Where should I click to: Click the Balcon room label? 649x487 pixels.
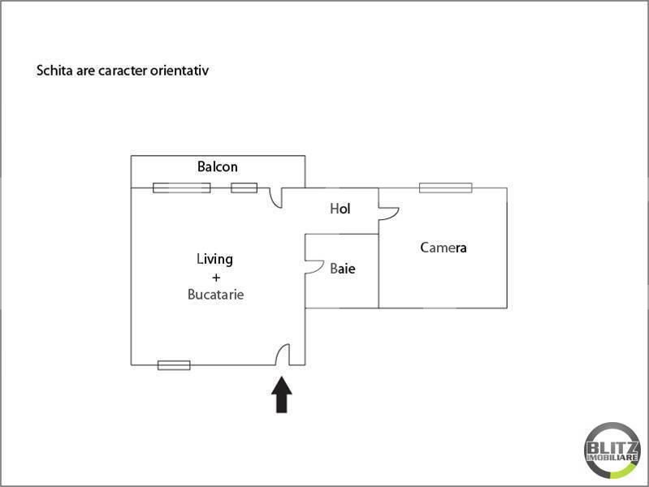(218, 166)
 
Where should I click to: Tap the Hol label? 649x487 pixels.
(340, 209)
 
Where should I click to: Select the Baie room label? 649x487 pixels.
(342, 269)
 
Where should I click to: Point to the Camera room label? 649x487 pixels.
(443, 248)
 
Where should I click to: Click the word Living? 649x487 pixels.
(214, 260)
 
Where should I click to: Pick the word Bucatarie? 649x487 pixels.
(215, 294)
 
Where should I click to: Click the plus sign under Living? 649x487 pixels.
(215, 278)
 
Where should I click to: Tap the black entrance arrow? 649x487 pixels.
(282, 394)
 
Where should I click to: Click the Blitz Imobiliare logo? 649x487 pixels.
(612, 450)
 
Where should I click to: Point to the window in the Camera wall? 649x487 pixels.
(445, 187)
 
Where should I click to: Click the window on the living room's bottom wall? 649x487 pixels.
(175, 365)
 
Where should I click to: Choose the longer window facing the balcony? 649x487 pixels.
(182, 187)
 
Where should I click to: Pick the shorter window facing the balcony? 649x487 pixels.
(244, 187)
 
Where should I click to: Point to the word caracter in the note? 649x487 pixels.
(123, 71)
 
